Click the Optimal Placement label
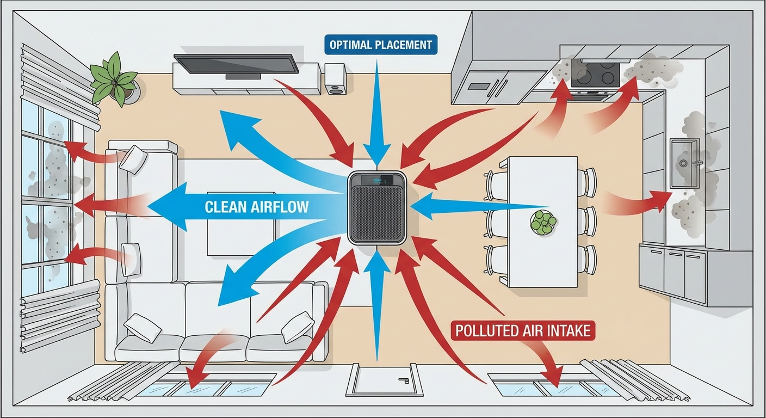tap(380, 44)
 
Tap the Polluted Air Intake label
tap(523, 330)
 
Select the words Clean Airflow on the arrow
tap(257, 207)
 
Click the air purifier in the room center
tap(378, 208)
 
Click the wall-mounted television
tap(236, 64)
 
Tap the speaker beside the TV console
tap(335, 79)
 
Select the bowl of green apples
tap(543, 222)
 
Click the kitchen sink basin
tap(684, 162)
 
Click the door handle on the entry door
tap(403, 380)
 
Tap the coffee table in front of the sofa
tap(234, 229)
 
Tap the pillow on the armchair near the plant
tap(133, 158)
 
